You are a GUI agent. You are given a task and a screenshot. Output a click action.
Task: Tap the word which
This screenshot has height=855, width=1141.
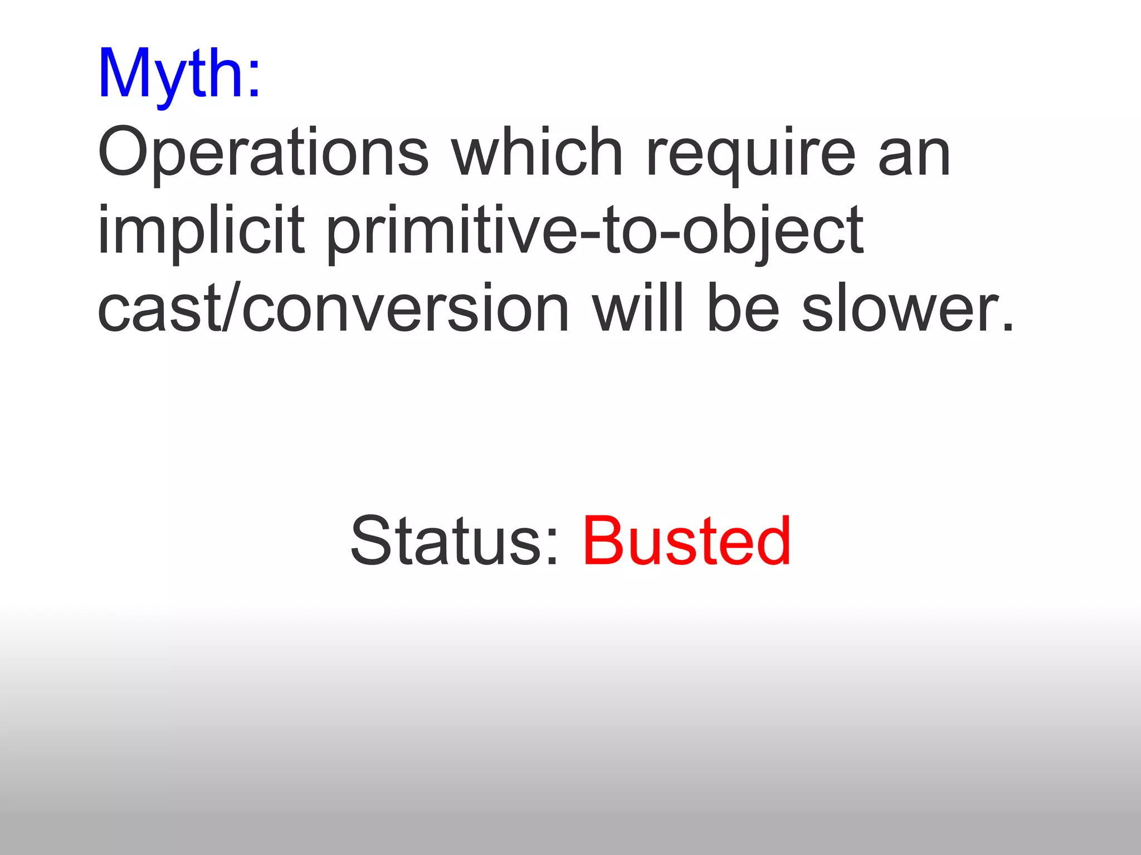click(x=537, y=152)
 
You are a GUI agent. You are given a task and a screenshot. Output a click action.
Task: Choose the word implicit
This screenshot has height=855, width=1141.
click(x=201, y=230)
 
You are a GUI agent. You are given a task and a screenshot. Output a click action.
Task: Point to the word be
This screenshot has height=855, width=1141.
click(x=743, y=308)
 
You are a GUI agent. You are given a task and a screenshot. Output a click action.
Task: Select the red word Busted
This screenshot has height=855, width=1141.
click(x=686, y=540)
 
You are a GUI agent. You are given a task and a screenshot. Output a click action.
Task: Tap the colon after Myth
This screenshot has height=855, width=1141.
click(x=254, y=81)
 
